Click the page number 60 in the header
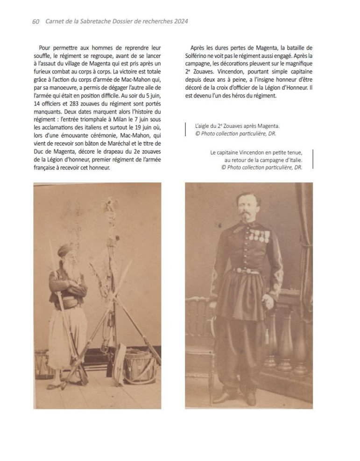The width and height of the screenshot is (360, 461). click(35, 21)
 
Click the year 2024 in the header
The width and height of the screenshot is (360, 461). click(180, 21)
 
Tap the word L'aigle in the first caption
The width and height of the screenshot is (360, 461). click(204, 126)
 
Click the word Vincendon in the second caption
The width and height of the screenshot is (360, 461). click(249, 152)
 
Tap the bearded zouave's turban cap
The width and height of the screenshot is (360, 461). click(65, 251)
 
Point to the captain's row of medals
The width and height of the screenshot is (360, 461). click(258, 235)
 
